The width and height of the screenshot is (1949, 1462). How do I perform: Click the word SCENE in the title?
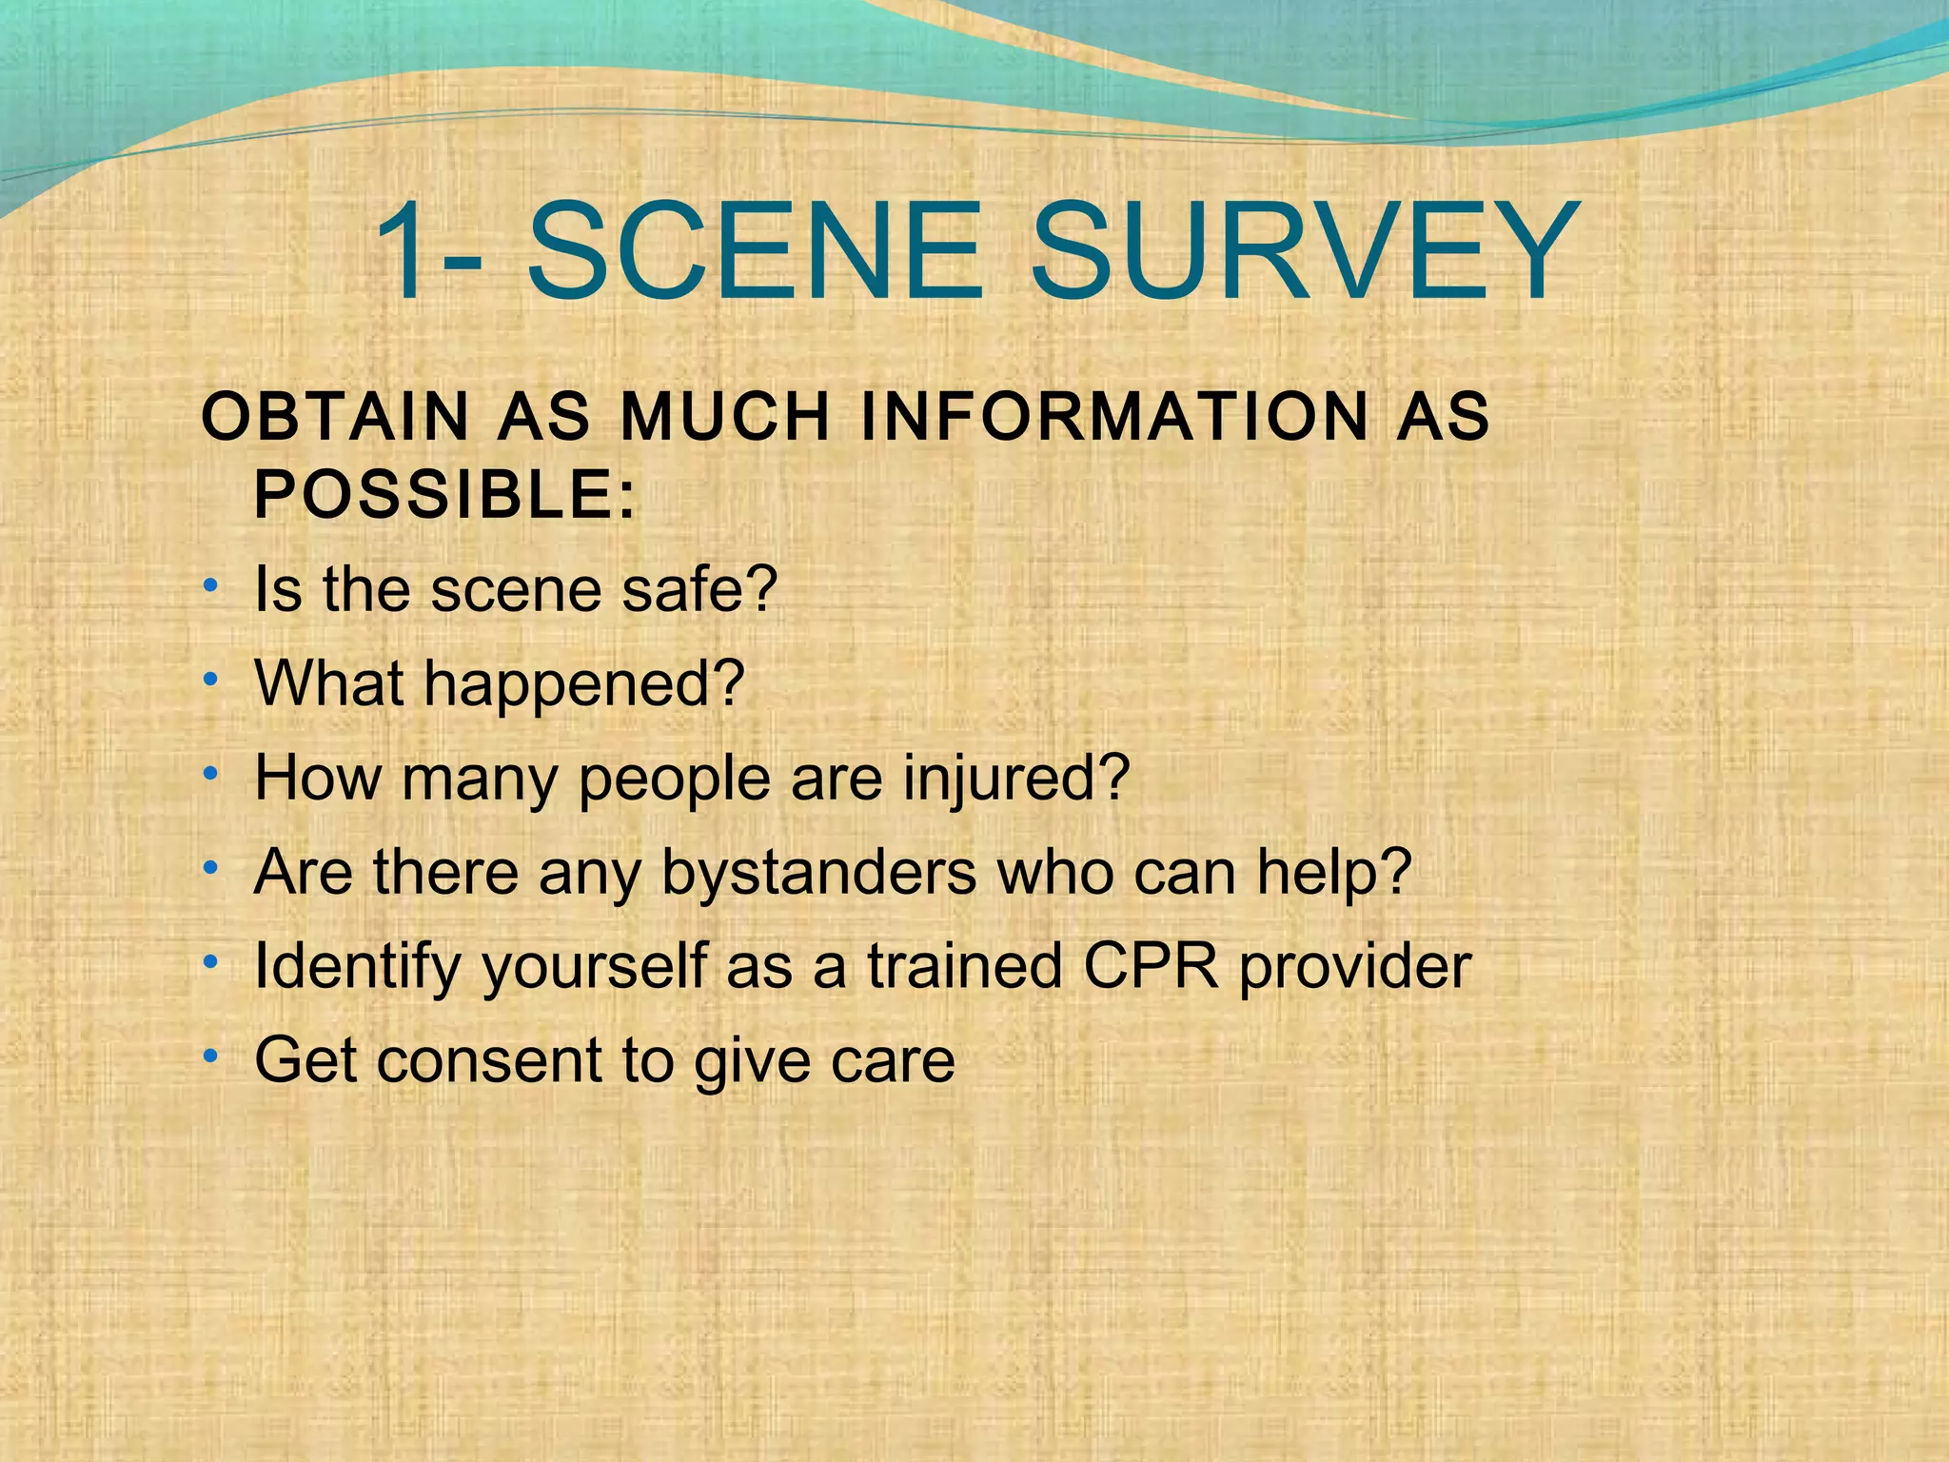tap(752, 252)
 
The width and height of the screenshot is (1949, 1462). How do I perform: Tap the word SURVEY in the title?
tap(1302, 252)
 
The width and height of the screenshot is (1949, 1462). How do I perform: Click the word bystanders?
tap(818, 872)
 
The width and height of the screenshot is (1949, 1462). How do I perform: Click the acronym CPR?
tap(1151, 966)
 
